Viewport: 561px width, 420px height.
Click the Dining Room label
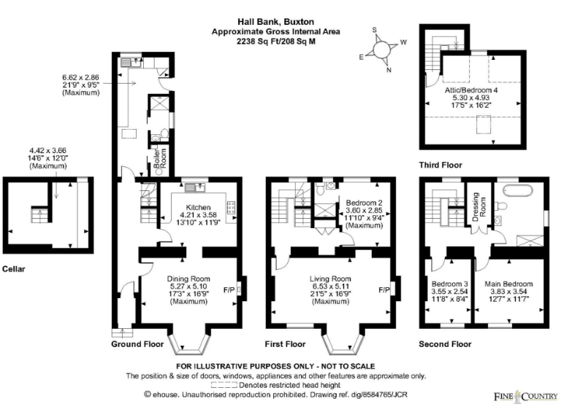point(188,279)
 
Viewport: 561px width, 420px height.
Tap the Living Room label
point(331,279)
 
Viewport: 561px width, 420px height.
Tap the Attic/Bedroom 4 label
point(471,91)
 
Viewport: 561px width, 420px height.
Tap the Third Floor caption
point(440,166)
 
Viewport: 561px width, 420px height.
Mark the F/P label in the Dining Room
point(226,289)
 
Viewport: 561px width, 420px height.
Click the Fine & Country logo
point(522,396)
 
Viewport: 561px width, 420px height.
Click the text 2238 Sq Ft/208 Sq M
point(275,42)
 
